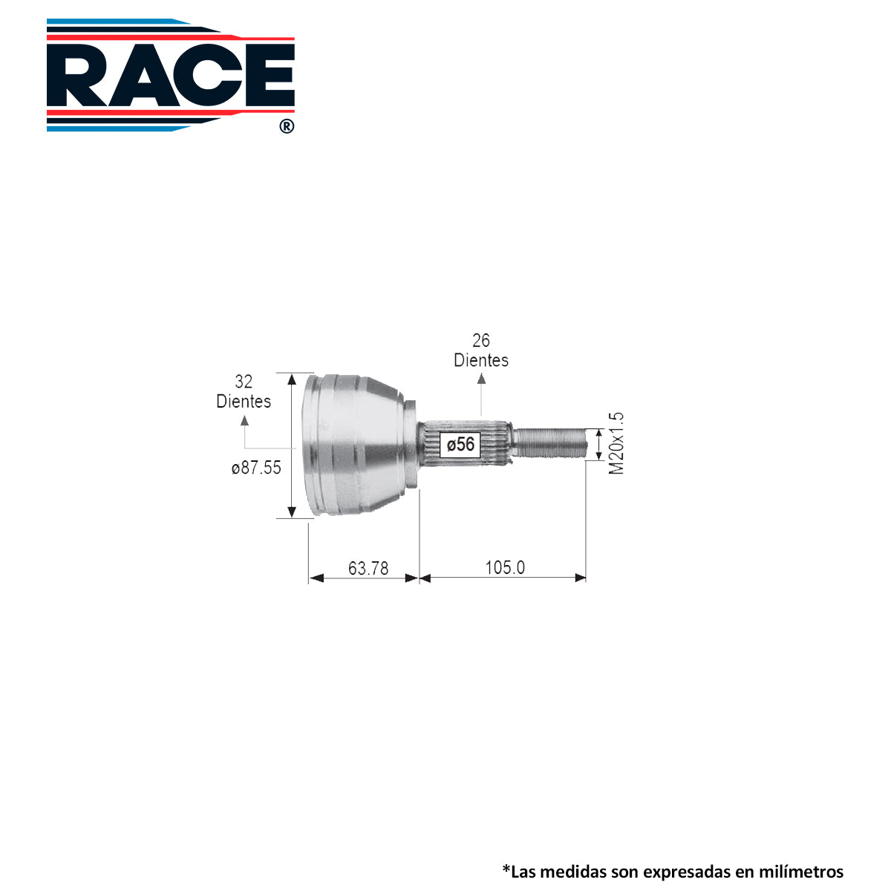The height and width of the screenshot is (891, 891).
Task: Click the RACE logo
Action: pos(170,75)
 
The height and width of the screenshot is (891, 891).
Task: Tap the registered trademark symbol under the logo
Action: pos(287,126)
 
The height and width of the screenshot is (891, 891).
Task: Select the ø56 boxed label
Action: pos(460,444)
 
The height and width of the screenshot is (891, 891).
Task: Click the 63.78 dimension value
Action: pos(368,568)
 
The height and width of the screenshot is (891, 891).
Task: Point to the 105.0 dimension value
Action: pos(505,567)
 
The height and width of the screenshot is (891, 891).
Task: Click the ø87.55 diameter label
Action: pos(256,468)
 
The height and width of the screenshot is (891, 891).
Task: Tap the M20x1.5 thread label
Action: pos(616,443)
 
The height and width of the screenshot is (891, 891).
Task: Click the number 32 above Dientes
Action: pos(244,382)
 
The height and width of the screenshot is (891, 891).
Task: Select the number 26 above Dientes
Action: pos(481,340)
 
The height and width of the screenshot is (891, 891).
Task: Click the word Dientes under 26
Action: pos(481,360)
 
